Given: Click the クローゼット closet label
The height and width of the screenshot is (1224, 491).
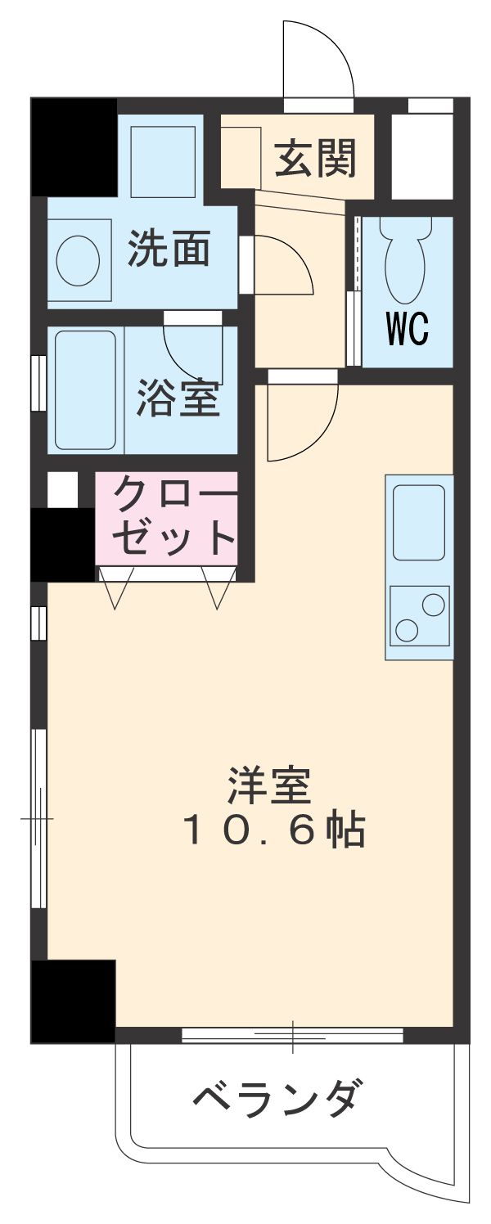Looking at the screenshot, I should point(173,516).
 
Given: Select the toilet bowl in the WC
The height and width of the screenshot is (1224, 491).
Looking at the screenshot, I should point(406,262).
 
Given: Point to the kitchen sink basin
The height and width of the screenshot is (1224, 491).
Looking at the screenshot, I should point(419,522).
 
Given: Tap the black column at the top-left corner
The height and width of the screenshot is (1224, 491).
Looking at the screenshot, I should point(74,147).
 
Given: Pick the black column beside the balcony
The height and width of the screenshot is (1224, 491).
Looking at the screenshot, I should point(73,1001).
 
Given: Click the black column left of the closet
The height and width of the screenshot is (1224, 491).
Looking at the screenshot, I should point(63,544).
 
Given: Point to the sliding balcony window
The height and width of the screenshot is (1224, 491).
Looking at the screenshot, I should point(292,1036).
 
